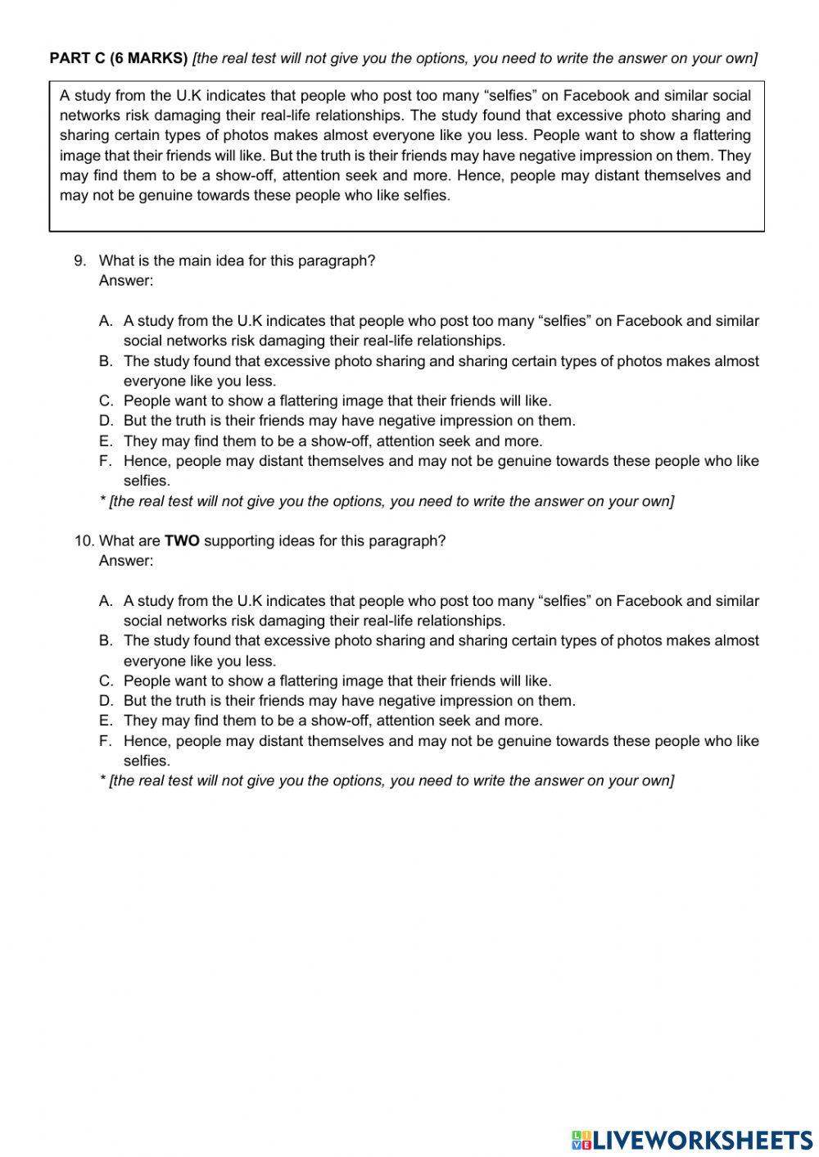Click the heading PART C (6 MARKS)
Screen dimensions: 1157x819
click(x=119, y=57)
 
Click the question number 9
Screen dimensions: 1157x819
click(x=79, y=260)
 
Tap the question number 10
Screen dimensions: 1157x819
click(x=84, y=540)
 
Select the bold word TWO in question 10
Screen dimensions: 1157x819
click(x=182, y=540)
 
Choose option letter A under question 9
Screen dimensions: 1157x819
click(x=105, y=321)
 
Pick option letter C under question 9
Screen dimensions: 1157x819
click(x=105, y=400)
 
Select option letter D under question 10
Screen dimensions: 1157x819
click(x=105, y=700)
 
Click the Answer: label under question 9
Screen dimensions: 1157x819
click(x=125, y=281)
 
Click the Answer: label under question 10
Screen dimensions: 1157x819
click(x=125, y=561)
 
